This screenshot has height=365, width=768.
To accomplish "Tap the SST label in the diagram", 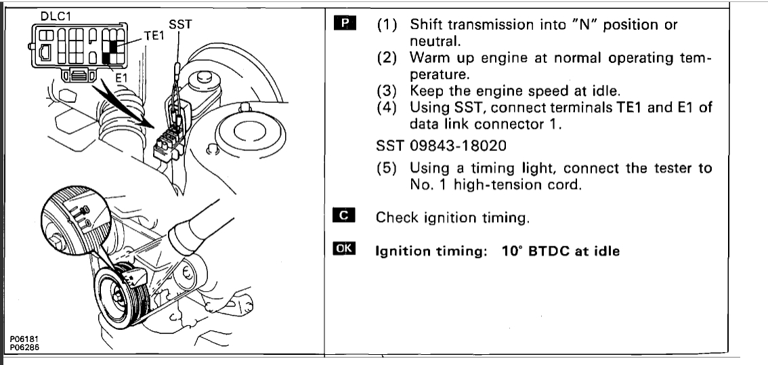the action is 179,24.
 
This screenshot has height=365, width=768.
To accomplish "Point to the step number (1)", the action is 387,25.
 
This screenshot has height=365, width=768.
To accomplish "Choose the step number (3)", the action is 387,91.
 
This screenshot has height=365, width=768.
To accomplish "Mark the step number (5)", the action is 387,168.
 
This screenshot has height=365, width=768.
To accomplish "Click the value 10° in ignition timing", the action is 513,250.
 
